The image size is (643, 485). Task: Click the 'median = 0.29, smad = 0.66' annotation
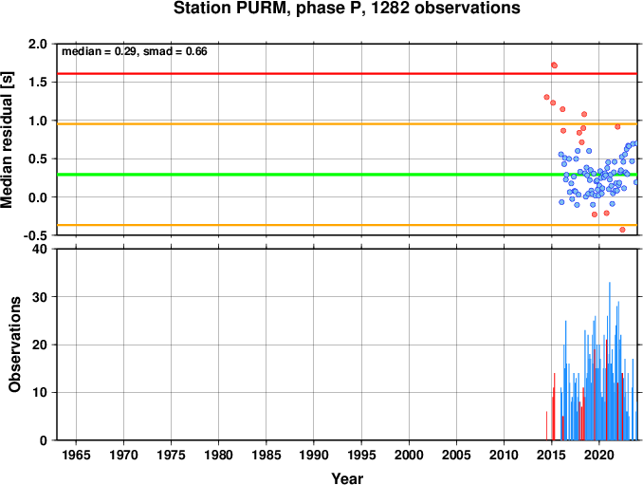pos(135,51)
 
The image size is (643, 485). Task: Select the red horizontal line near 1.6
pos(347,74)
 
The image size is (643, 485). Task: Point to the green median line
pos(347,175)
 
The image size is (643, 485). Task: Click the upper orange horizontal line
pos(347,124)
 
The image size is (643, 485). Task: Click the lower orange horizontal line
pos(347,225)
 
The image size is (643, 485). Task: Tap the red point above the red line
pos(555,65)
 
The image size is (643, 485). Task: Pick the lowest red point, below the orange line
pos(622,230)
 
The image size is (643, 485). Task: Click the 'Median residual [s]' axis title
pos(7,140)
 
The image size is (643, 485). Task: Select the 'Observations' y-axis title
pos(15,345)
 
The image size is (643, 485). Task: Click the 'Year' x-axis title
pos(347,478)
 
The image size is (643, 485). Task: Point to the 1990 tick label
pos(314,455)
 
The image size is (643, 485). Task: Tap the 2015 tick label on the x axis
pos(552,455)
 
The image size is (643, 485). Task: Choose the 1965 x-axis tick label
pos(76,455)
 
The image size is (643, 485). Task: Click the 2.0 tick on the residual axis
pos(37,44)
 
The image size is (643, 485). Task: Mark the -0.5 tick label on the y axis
pos(35,235)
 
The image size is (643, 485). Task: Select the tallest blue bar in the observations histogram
pos(610,361)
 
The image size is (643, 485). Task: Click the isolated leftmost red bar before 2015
pos(546,426)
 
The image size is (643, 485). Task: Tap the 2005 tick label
pos(456,455)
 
